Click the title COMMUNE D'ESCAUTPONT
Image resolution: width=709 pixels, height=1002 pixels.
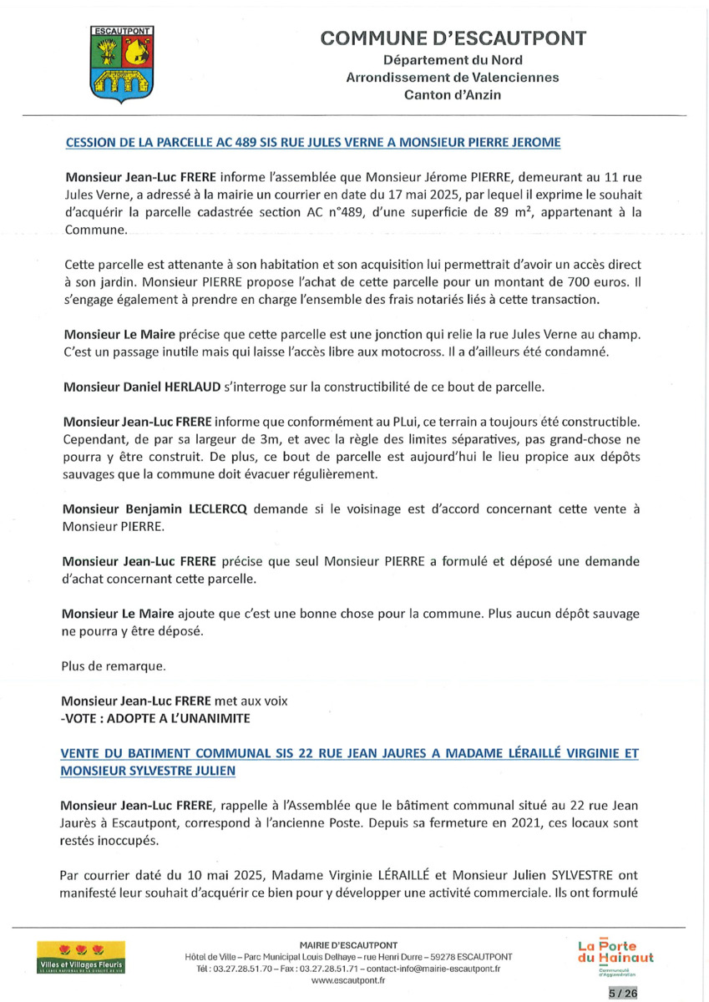click(453, 38)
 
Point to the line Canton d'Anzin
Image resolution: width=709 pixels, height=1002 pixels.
click(453, 95)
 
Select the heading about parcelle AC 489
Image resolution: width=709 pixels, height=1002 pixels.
click(312, 143)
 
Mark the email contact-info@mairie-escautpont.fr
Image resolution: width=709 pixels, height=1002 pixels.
click(428, 969)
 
